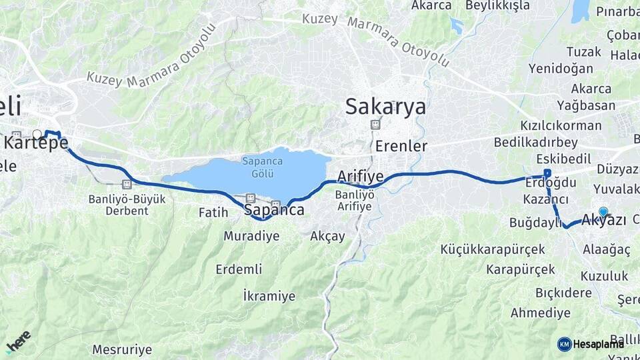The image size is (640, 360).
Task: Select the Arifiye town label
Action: (360, 177)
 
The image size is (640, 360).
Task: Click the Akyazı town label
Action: (604, 219)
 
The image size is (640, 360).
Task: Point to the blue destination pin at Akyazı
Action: (603, 212)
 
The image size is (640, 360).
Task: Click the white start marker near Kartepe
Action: (37, 134)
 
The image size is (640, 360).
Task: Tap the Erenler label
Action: (401, 146)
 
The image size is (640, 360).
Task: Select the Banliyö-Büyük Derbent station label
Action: (118, 205)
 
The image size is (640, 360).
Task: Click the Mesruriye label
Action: (122, 349)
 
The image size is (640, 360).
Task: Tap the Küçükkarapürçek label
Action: (493, 249)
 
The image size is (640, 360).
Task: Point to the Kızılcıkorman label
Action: (561, 125)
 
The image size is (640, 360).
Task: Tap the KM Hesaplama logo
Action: (591, 344)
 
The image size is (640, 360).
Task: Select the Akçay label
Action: (328, 236)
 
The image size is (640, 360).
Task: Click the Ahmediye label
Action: (541, 313)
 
